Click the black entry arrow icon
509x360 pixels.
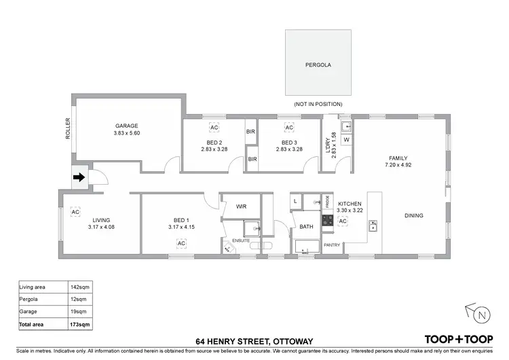coord(79,179)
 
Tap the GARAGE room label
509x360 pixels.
coord(126,126)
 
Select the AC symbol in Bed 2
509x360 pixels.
coord(214,128)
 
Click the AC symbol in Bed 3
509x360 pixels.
coord(288,128)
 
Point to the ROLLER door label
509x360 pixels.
coord(68,129)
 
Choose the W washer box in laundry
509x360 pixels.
coord(346,140)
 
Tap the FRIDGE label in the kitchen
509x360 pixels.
coord(327,202)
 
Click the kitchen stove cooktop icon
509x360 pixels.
coord(326,220)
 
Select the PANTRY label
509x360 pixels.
coord(331,245)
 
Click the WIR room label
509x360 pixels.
coord(241,206)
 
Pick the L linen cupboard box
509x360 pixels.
coord(297,201)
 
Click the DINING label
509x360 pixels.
coord(414,216)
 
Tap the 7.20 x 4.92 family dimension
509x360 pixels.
coord(398,164)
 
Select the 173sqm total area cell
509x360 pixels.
coord(80,325)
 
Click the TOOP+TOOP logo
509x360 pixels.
coord(457,339)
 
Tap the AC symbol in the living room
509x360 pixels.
coord(74,212)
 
